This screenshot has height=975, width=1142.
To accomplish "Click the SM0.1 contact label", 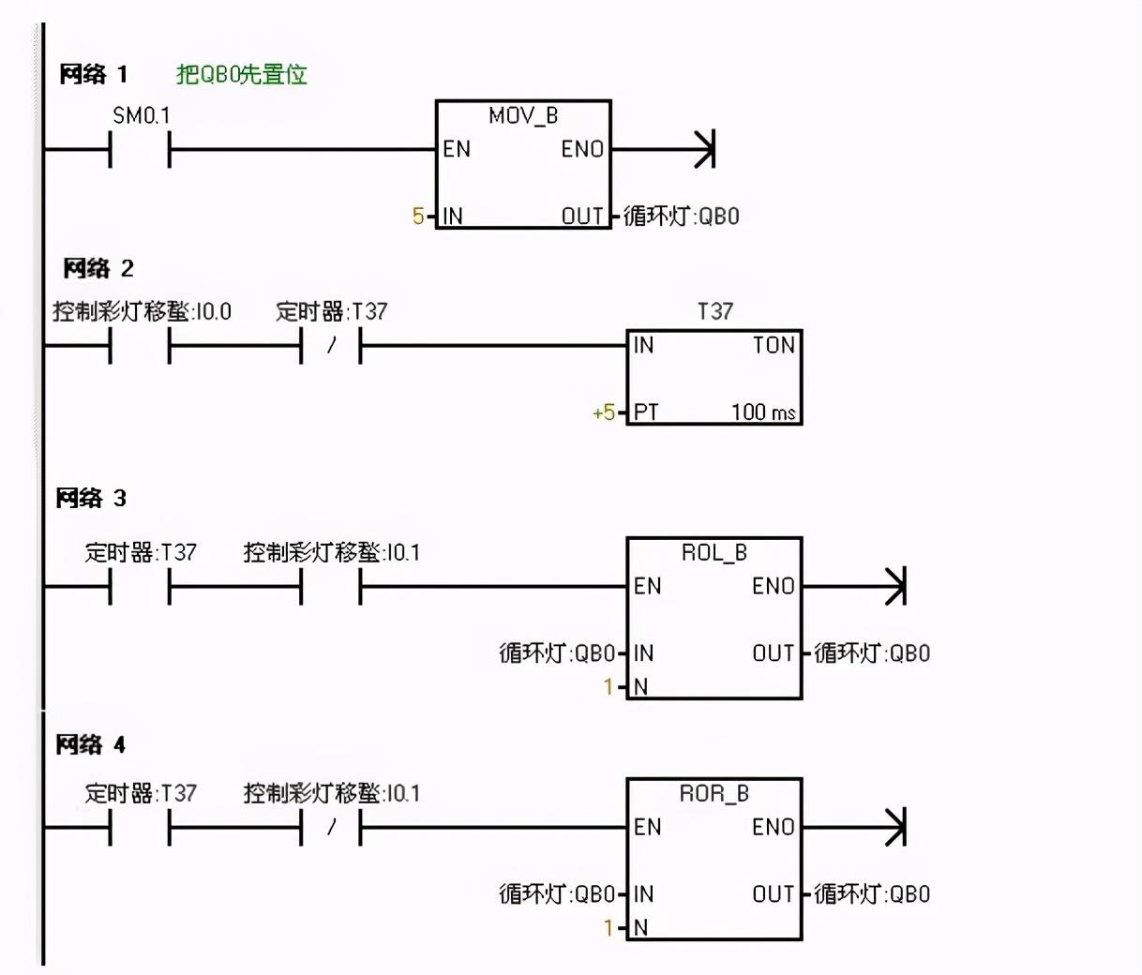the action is click(142, 115).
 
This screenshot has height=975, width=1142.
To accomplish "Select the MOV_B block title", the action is click(523, 116).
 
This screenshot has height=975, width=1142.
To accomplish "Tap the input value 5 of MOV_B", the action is click(418, 216).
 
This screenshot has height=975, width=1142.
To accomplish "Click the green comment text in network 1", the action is click(242, 75).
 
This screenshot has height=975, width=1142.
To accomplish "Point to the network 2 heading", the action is click(98, 268).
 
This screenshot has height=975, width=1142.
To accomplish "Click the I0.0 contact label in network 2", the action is click(142, 312).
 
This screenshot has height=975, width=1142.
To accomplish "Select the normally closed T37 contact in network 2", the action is click(330, 346).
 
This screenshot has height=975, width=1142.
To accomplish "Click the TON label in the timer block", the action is click(774, 345).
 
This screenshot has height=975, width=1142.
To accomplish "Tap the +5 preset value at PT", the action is click(603, 412).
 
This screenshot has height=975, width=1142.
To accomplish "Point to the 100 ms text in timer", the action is click(763, 412).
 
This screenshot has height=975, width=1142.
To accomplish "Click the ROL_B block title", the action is click(714, 552).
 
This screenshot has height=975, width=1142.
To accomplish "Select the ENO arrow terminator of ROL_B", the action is click(895, 586).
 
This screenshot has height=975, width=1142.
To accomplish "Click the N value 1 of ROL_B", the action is click(609, 686).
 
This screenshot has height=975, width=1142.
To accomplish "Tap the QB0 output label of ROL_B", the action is click(872, 653).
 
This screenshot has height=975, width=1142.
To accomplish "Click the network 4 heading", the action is click(91, 745).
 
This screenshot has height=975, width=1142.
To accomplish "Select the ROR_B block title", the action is click(714, 794).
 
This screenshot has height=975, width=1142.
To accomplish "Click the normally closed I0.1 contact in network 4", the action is click(330, 828).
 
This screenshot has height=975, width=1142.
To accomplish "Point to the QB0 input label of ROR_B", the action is click(557, 893).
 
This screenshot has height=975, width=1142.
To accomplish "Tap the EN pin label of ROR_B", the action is click(648, 828).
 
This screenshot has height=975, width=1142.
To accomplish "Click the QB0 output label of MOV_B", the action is click(682, 216).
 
